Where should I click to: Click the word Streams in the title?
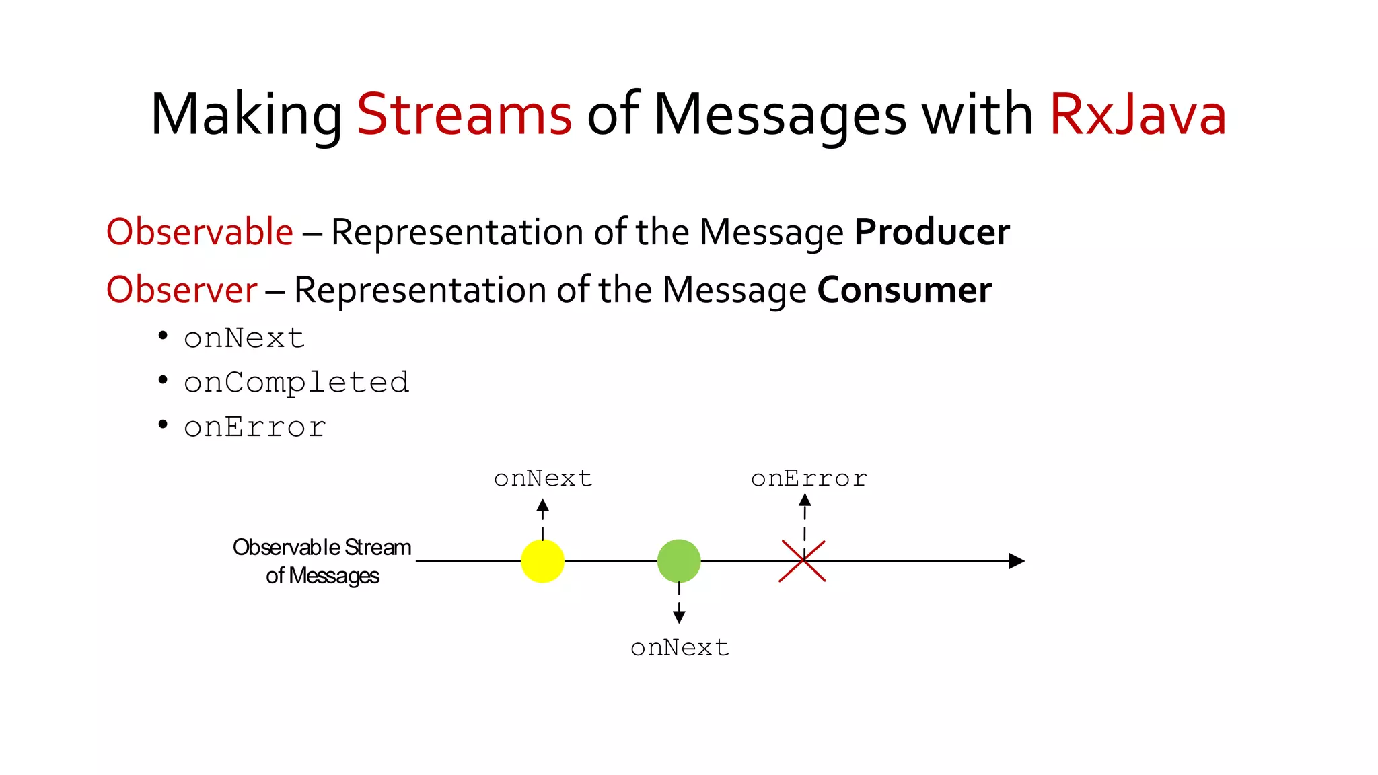(464, 114)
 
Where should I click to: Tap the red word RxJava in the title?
(1138, 114)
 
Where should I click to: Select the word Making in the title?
(246, 114)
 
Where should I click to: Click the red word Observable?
(200, 232)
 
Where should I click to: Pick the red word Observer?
(182, 290)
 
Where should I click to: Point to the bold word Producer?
(932, 232)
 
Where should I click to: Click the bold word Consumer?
(904, 290)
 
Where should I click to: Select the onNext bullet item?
(244, 338)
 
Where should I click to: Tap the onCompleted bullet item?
(296, 382)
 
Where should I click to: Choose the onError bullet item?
(255, 427)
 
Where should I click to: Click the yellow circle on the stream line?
(542, 560)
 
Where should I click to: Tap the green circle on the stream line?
(679, 560)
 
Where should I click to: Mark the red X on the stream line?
(803, 560)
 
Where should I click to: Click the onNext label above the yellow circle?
(543, 478)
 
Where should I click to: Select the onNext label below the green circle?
(680, 647)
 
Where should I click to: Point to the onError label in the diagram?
(809, 478)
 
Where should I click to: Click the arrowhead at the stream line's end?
(1017, 560)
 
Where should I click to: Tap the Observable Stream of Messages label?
(322, 561)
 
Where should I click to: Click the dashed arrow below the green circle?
(679, 603)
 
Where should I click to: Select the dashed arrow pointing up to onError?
(805, 518)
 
